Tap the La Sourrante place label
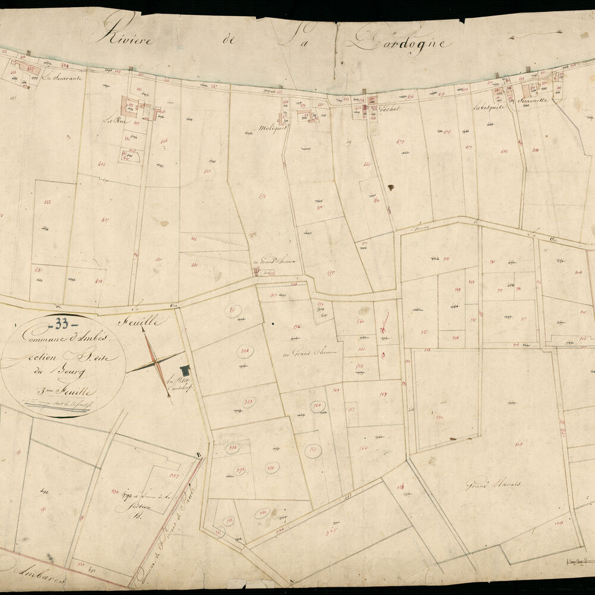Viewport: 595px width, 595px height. point(63,77)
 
